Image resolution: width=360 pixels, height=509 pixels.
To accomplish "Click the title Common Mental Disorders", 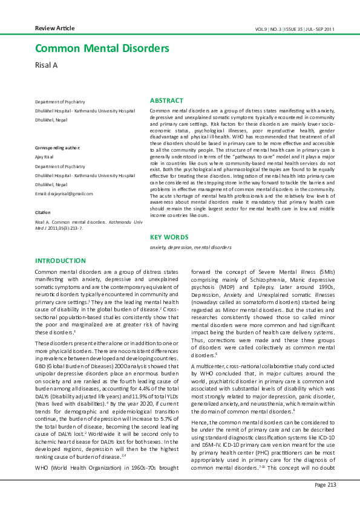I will (x=102, y=49).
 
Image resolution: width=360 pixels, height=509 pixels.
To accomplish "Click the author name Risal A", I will (x=48, y=65).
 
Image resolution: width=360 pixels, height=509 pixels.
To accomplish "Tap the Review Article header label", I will (x=55, y=28).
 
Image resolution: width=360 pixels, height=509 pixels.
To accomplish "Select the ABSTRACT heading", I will (x=166, y=100).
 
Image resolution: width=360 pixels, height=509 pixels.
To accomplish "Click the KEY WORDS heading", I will (x=169, y=238).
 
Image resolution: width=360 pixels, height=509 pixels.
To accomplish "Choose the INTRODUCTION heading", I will (x=61, y=261).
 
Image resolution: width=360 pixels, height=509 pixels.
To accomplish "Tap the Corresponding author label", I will (x=57, y=148).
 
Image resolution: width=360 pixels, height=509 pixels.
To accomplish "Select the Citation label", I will (x=42, y=213).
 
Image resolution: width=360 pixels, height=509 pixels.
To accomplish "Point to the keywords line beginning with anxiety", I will (x=191, y=247).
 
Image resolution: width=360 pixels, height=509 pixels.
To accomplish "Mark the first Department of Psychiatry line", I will (x=60, y=102).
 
